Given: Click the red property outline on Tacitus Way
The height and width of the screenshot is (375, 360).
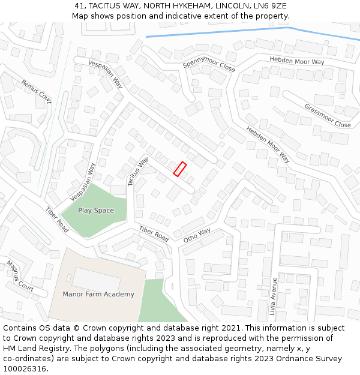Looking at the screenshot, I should coord(180,169).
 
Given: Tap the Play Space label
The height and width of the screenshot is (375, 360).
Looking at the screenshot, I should coord(96,211).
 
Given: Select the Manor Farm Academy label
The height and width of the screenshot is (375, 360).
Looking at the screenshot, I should coord(98,294).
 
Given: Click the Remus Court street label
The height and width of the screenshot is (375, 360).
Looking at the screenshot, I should coord(37,90).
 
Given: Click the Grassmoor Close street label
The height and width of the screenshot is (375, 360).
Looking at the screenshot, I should coord(328,116).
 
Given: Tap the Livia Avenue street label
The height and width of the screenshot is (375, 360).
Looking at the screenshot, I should coord(273,296).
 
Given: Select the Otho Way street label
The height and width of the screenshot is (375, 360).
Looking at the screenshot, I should coord(197,235).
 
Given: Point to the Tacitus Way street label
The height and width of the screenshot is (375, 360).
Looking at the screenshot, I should coord(137,172).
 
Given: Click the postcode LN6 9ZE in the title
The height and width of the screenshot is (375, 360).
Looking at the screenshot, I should coord(271,6).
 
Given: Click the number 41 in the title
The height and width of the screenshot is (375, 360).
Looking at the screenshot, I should coord(79,6).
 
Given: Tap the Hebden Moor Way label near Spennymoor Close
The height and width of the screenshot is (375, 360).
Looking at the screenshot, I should coord(297,61).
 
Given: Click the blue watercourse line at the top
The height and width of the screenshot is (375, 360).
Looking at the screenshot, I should coord(240,31).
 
